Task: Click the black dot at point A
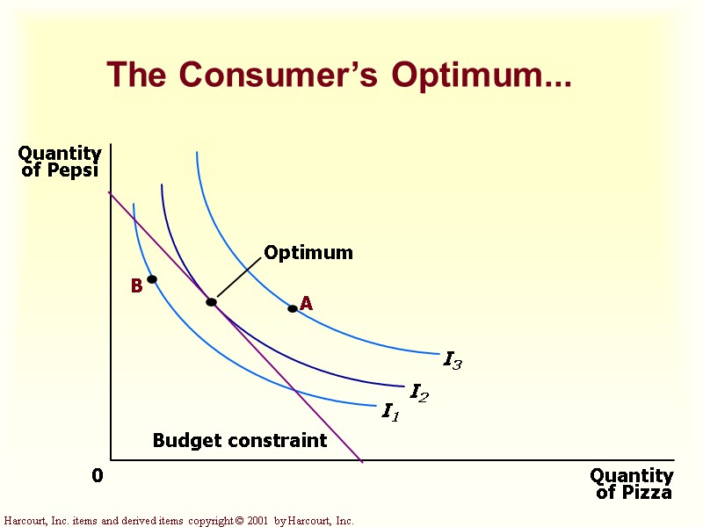(293, 308)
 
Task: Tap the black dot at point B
(152, 279)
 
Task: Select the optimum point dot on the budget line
(211, 302)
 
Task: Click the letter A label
(307, 304)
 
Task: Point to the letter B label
(136, 286)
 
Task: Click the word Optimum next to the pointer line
(308, 253)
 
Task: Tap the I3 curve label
(453, 359)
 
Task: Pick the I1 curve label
(390, 411)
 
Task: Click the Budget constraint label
(240, 440)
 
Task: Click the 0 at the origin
(98, 476)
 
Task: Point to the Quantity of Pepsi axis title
(60, 162)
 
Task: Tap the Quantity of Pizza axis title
(632, 484)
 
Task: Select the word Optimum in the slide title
(480, 76)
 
